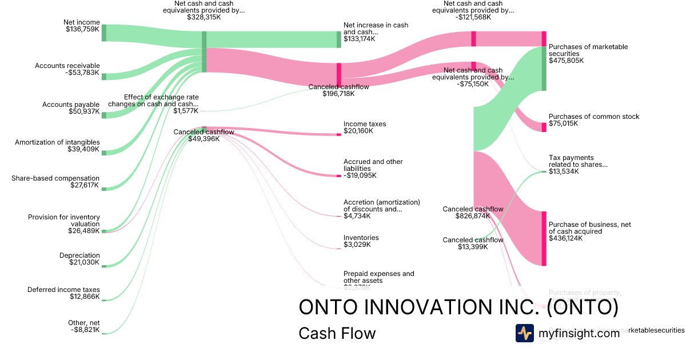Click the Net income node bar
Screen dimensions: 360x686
pos(104,33)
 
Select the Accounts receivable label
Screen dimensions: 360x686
pos(67,66)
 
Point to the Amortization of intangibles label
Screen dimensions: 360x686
pos(57,142)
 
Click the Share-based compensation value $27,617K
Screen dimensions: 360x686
pos(85,185)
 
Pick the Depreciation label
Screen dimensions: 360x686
pos(79,255)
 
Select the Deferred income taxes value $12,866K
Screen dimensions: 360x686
pos(85,297)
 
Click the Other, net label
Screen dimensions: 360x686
pos(83,323)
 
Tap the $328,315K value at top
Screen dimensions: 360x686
pos(204,17)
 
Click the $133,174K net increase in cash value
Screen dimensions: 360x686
pos(359,39)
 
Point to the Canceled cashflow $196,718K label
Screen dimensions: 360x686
pos(338,87)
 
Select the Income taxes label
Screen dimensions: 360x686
pos(365,124)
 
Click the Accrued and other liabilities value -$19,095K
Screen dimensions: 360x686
pos(360,175)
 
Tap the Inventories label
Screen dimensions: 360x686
pos(361,238)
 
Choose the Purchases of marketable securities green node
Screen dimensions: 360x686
pos(544,69)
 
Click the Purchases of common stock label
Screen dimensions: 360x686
pos(594,117)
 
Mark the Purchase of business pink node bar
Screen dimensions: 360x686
pos(544,238)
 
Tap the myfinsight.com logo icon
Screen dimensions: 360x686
pos(524,333)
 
